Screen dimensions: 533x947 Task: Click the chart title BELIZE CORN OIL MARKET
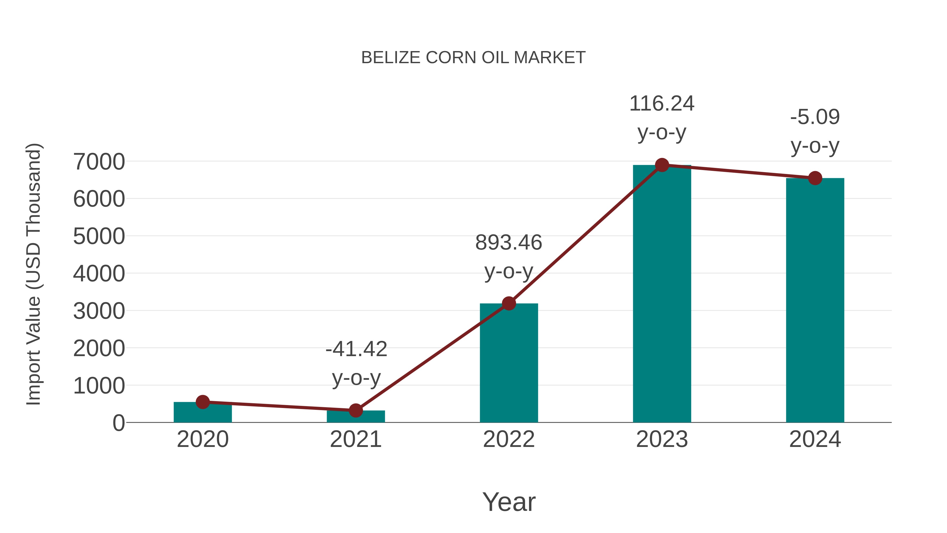pos(473,58)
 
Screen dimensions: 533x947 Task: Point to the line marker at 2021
pos(355,410)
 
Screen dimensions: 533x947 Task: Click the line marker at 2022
pos(509,303)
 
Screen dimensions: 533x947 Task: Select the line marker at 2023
pos(662,165)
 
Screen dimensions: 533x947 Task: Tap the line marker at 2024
pos(815,178)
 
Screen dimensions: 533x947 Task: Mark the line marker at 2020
pos(203,402)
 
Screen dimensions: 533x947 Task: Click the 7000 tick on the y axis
pos(99,162)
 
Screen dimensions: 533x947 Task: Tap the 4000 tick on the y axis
pos(99,274)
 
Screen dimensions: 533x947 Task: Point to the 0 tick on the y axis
pos(118,423)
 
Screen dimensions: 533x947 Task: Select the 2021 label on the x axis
pos(355,439)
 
